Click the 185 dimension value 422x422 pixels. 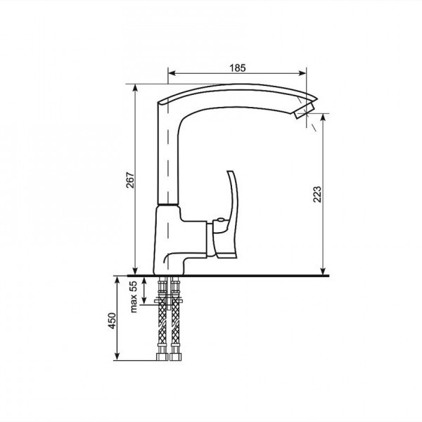[238, 68]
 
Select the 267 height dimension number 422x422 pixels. [130, 180]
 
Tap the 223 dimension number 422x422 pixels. [317, 194]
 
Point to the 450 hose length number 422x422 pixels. [112, 321]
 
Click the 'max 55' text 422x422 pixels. [134, 297]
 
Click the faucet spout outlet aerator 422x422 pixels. [304, 110]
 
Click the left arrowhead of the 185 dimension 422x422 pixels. [172, 73]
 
